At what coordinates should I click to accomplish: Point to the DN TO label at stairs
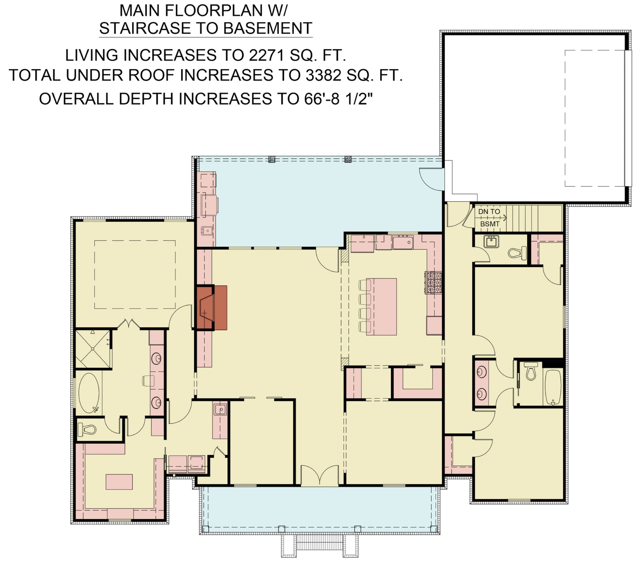489,211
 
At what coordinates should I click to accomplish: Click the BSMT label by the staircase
490,224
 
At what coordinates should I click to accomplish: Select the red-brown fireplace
212,308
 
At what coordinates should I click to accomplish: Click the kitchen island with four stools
381,307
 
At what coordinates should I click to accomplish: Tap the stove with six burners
433,283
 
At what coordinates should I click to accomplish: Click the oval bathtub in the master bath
89,393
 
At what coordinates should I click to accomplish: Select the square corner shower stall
92,349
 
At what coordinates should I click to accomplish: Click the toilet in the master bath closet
87,429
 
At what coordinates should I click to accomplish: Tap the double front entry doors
320,475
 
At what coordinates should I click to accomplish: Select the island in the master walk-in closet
119,482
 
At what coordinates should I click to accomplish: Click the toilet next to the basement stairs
517,253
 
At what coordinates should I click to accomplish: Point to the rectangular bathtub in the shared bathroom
553,387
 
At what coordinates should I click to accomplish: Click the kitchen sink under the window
403,242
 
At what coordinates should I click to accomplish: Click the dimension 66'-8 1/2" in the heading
338,99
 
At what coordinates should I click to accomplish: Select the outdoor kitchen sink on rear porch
207,230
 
